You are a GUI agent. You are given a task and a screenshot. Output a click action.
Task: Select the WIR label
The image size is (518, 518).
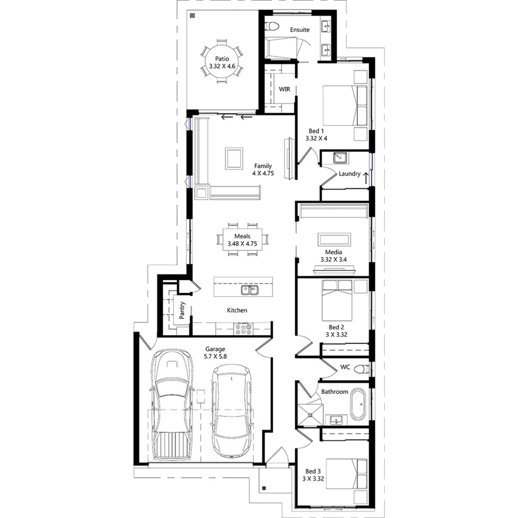point(284,90)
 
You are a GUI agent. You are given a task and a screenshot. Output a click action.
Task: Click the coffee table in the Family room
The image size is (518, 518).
point(234,158)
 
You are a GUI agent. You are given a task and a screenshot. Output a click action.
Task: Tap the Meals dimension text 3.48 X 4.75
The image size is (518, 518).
point(243,244)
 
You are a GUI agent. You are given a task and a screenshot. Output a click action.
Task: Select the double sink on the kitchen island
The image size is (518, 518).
point(249,290)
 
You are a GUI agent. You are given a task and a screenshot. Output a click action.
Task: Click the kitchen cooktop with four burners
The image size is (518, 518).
point(244,329)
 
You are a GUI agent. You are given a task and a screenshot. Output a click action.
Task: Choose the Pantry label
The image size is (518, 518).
point(182,310)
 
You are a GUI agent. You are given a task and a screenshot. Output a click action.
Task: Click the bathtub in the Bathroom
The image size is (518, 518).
point(358,404)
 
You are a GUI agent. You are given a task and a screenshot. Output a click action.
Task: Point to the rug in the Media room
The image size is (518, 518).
point(335,239)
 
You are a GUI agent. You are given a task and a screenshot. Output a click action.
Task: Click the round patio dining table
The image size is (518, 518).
point(221,63)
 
